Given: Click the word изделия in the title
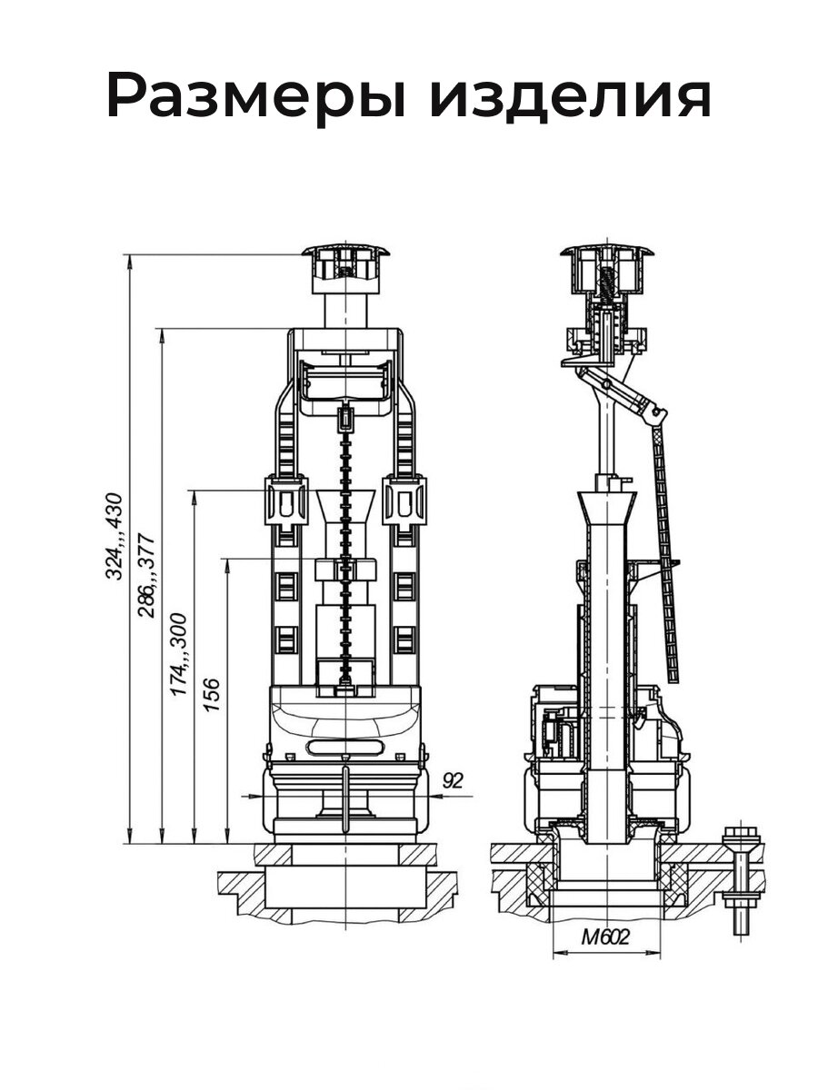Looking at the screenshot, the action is [x=570, y=95].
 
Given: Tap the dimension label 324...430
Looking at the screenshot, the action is [x=115, y=536].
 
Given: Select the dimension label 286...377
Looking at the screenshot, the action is [x=147, y=575].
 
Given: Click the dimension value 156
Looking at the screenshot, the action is [x=212, y=694].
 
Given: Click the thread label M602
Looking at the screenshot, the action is [x=605, y=936].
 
